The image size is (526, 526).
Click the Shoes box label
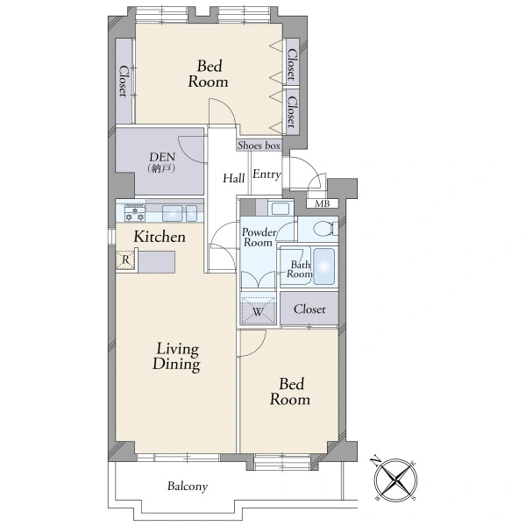pyautogui.click(x=259, y=146)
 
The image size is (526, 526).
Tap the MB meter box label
pyautogui.click(x=322, y=203)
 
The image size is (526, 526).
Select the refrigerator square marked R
pyautogui.click(x=125, y=259)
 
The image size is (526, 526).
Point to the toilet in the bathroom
pyautogui.click(x=325, y=229)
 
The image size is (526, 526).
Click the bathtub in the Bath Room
pyautogui.click(x=324, y=267)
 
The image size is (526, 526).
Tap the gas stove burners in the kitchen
pyautogui.click(x=135, y=213)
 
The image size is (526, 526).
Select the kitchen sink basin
pyautogui.click(x=173, y=213)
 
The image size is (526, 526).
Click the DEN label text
pyautogui.click(x=162, y=157)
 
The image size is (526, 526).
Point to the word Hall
pyautogui.click(x=233, y=178)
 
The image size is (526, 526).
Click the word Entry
pyautogui.click(x=267, y=174)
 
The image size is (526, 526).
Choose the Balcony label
pyautogui.click(x=188, y=486)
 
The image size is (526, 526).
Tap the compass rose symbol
pyautogui.click(x=396, y=480)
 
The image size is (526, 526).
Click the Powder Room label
pyautogui.click(x=259, y=238)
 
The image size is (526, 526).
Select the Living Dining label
pyautogui.click(x=176, y=356)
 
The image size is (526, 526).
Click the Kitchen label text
pyautogui.click(x=160, y=237)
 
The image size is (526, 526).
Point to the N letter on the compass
pyautogui.click(x=375, y=460)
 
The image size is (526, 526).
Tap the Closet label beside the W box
pyautogui.click(x=309, y=309)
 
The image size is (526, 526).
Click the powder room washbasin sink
pyautogui.click(x=281, y=209)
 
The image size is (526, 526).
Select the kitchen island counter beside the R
pyautogui.click(x=157, y=261)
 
